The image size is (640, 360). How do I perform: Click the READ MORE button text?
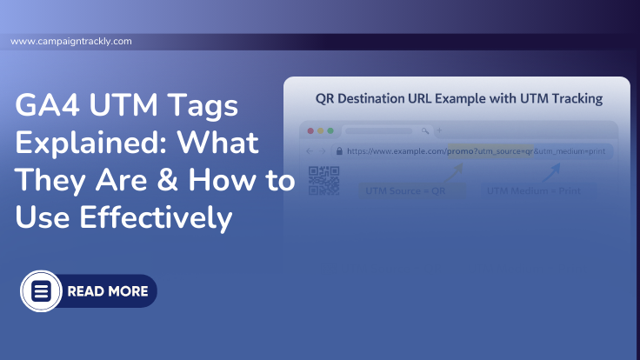coord(107,291)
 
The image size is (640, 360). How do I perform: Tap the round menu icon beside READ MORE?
coord(41,291)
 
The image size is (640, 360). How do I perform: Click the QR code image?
coord(323,182)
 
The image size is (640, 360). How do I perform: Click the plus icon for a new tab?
coord(438,130)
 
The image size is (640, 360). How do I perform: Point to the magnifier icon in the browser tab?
coord(424,130)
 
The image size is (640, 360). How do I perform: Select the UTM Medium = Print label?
coord(533,191)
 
